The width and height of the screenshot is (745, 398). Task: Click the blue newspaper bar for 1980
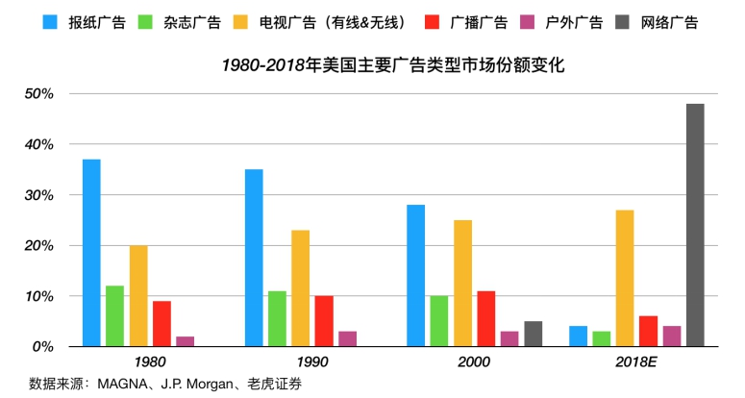coord(91,252)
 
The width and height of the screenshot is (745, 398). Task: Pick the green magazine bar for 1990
coord(278,318)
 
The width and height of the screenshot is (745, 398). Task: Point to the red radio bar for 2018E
coord(648,331)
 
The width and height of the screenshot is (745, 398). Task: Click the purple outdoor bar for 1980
coord(186,341)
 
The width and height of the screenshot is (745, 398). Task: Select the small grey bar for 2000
coord(534,334)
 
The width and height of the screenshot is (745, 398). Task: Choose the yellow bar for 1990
coord(301,287)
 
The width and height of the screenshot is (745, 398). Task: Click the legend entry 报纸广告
coord(97,20)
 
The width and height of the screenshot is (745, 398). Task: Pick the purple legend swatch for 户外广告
coord(527,20)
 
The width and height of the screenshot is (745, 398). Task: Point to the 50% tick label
coord(38,94)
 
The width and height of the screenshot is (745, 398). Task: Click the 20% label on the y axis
coord(38,245)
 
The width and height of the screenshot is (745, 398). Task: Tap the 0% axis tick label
coord(42,346)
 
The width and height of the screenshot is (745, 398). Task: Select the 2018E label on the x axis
coord(636,362)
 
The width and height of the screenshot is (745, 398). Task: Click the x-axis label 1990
coord(312,362)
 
